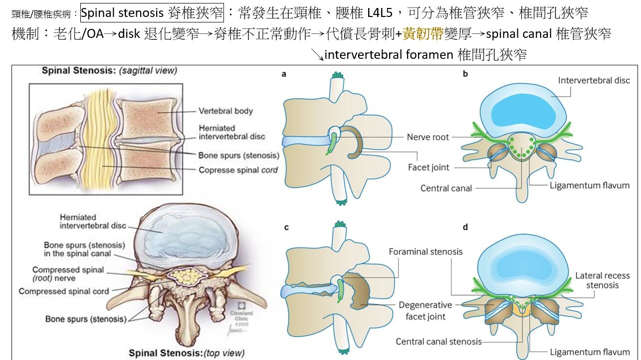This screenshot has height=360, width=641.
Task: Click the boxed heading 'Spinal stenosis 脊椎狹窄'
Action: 152,12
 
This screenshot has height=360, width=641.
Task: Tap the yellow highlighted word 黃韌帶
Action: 423,34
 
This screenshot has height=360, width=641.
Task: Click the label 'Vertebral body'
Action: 225,111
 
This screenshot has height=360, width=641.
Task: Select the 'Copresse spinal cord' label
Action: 238,170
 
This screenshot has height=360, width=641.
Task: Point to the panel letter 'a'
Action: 284,75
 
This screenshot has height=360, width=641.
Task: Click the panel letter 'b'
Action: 465,75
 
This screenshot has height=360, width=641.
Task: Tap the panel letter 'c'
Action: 286,227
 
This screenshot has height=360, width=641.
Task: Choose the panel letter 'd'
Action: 465,227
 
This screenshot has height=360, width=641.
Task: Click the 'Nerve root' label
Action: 427,137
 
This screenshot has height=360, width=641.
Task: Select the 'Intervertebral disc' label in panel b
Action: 594,80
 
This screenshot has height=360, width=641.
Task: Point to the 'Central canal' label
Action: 446,188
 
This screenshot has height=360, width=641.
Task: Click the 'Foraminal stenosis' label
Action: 426,252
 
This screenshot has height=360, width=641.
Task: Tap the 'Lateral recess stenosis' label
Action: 602,280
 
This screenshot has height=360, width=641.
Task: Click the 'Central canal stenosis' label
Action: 439,342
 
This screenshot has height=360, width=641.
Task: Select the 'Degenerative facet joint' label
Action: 426,311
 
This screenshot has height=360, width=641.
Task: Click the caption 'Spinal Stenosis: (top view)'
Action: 187,353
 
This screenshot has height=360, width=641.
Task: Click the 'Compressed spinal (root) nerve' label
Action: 68,274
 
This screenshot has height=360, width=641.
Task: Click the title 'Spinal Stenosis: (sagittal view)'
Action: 109,71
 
